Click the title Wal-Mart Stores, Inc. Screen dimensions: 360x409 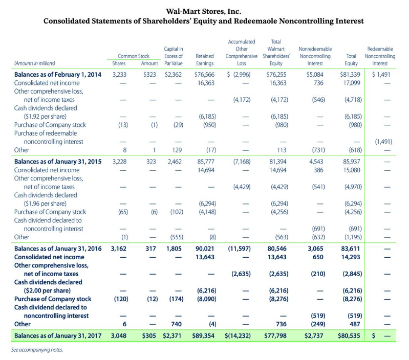204,11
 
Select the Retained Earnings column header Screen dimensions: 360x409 204,60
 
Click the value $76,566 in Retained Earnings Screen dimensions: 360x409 204,74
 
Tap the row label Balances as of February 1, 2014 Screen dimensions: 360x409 54,74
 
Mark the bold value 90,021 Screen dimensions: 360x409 205,249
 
